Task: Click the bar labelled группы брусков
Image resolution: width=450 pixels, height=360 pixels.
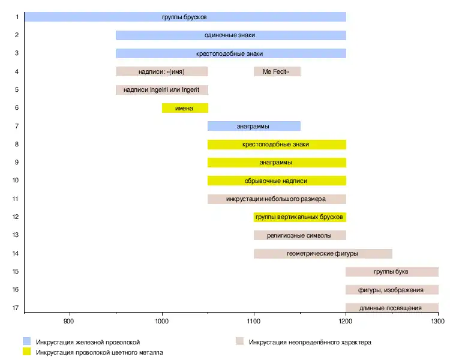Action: tap(185, 17)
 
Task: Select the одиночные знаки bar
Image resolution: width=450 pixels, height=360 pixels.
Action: tap(230, 35)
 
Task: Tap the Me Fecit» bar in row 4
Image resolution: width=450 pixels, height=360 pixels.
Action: tap(277, 71)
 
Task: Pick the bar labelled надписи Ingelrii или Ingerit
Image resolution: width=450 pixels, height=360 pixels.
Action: tap(161, 90)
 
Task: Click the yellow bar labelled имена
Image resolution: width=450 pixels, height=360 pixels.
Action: tap(185, 108)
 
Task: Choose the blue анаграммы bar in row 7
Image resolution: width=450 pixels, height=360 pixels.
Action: tap(254, 126)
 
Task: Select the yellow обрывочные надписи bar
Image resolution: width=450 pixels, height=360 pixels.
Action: tap(277, 181)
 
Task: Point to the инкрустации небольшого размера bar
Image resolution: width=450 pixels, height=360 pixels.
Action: tap(277, 199)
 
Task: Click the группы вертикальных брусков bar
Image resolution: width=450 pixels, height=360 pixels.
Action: tap(299, 217)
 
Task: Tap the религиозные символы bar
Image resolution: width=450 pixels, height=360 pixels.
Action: tap(299, 235)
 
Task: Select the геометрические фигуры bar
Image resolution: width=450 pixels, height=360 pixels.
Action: tap(323, 253)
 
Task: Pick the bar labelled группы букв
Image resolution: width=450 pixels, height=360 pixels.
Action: tap(391, 271)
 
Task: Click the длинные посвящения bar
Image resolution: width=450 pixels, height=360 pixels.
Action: tap(391, 308)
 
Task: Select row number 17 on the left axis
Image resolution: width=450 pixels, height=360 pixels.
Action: tap(17, 308)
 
